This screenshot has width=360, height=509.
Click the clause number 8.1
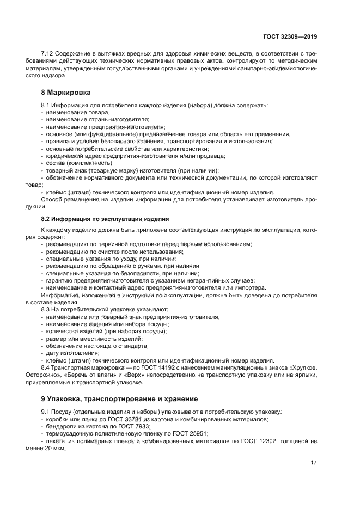point(46,105)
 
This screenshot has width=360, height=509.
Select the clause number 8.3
point(46,309)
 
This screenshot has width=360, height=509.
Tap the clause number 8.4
point(46,368)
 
